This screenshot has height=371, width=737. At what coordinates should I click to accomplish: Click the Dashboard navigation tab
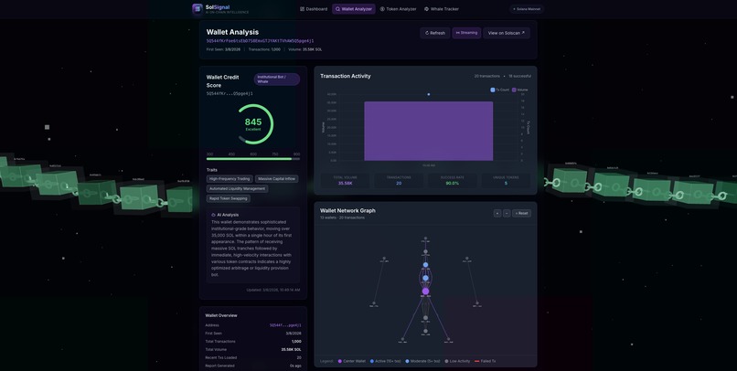pos(314,9)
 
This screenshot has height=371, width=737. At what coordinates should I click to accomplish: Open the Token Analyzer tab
pos(398,9)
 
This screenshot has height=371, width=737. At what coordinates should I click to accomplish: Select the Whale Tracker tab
pos(442,9)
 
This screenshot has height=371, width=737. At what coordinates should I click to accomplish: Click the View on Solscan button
pos(507,33)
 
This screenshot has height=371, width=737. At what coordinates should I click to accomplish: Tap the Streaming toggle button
pos(466,33)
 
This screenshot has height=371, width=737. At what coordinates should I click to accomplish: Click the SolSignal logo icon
pos(198,8)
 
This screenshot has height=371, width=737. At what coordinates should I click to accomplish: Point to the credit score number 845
pos(253,122)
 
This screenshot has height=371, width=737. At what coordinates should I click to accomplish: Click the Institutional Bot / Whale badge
pos(276,79)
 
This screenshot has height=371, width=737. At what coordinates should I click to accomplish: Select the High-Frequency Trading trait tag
pos(230,179)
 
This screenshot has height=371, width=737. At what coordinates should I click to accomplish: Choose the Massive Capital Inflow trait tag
pos(277,179)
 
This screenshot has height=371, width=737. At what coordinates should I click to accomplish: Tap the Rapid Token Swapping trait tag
pos(229,198)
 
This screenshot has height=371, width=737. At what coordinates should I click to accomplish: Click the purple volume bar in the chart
pos(428,131)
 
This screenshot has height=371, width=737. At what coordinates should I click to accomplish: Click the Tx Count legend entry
pos(500,90)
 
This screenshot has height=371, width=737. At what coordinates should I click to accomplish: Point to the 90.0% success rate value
pos(452,183)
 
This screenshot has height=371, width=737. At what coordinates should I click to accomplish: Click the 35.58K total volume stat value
pos(345,183)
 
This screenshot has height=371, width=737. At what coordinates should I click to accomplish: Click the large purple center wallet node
pos(425,291)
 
